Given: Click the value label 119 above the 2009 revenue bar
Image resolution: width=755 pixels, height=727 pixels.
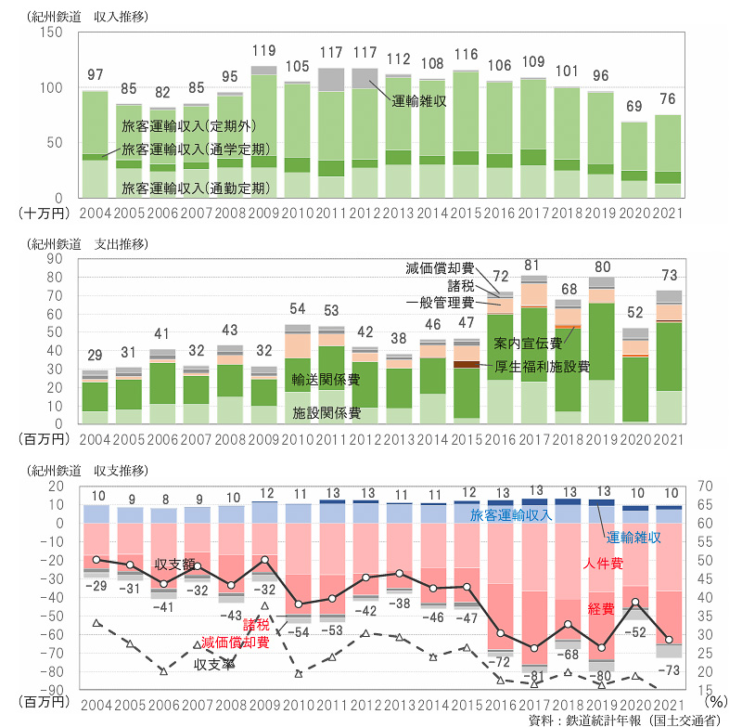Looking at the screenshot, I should point(263,51).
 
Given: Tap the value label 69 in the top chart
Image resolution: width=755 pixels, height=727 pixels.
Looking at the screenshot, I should point(633,108).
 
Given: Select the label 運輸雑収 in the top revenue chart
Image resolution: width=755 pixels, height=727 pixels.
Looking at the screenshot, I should point(420,101).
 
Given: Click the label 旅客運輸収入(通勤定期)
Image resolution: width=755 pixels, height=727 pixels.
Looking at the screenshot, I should point(196,188).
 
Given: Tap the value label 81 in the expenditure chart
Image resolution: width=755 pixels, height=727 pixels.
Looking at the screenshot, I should point(532,265).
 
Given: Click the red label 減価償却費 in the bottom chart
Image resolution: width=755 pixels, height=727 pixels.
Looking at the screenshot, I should point(236,642).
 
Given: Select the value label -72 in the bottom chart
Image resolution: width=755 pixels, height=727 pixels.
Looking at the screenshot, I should point(503,662).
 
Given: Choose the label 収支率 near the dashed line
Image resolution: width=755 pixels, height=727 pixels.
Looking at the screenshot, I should point(214,665).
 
